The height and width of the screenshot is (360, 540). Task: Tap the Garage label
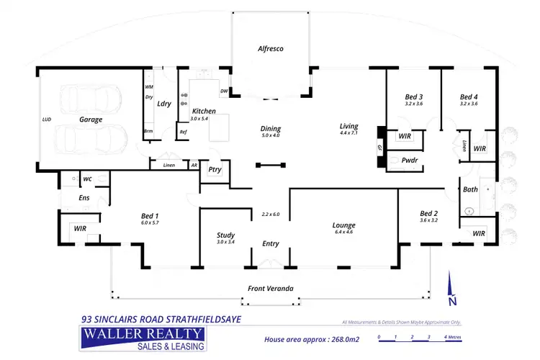pos(91,120)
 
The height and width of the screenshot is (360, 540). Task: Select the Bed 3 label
pos(413,96)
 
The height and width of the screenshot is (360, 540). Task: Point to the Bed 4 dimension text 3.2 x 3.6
pos(469,104)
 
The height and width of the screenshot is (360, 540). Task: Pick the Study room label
pos(225,235)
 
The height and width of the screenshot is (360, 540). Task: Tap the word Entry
pos(271,243)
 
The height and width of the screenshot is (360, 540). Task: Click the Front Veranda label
pos(270,289)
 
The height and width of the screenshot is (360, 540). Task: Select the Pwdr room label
pos(411,161)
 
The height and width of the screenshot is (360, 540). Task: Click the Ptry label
pos(214,170)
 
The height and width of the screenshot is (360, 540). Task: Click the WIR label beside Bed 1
pos(81,228)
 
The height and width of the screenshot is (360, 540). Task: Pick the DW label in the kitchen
pos(224,91)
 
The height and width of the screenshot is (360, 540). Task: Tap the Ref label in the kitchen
pos(184,132)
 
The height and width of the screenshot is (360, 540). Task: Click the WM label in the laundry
pos(149,87)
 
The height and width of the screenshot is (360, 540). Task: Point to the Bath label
pos(471,190)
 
